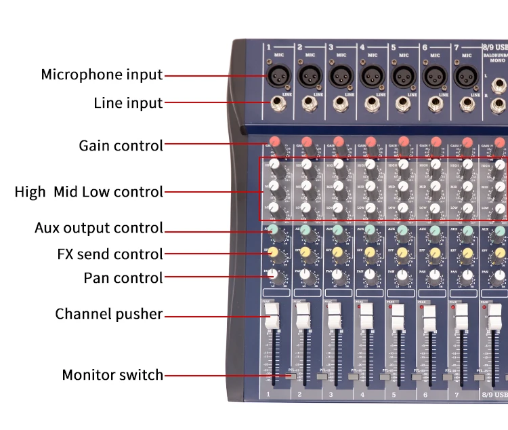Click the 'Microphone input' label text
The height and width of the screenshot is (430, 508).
[102, 75]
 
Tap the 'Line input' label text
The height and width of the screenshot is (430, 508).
[128, 103]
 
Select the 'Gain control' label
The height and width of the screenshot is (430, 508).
[121, 145]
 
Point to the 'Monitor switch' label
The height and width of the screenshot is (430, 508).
[112, 375]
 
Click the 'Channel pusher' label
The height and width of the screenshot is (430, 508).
[108, 314]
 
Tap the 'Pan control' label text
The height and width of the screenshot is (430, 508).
[123, 277]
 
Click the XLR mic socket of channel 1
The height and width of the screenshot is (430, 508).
[278, 74]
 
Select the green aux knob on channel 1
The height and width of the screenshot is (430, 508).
[274, 230]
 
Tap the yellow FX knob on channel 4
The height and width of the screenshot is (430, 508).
[370, 253]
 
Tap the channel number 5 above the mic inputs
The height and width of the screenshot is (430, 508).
[393, 47]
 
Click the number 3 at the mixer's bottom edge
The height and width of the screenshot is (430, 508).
[331, 394]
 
